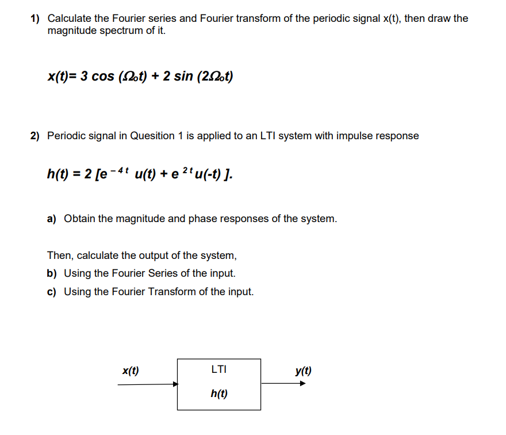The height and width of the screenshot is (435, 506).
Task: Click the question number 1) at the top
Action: (x=35, y=18)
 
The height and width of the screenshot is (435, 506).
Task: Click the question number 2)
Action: (x=35, y=136)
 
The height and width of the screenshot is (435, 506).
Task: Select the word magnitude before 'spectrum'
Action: (x=71, y=30)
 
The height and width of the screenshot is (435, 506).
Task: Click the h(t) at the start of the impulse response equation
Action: (x=57, y=173)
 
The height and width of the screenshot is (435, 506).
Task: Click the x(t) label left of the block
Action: (x=131, y=371)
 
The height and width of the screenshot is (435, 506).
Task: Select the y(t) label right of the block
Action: (x=304, y=371)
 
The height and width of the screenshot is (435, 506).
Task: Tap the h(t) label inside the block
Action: (x=218, y=394)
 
